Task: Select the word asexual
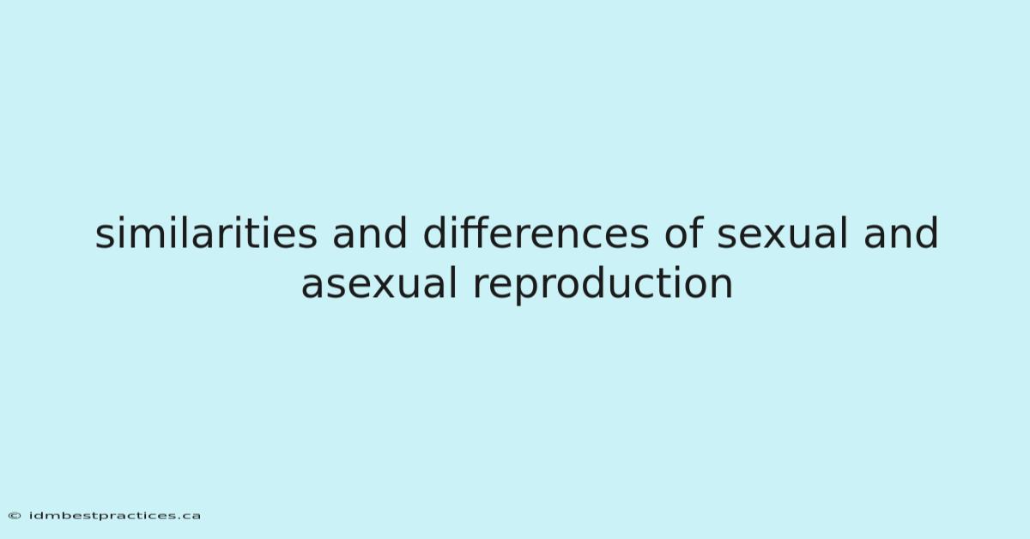(379, 283)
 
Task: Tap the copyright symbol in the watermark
(15, 516)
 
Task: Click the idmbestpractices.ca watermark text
(115, 516)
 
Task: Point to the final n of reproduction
(722, 286)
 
